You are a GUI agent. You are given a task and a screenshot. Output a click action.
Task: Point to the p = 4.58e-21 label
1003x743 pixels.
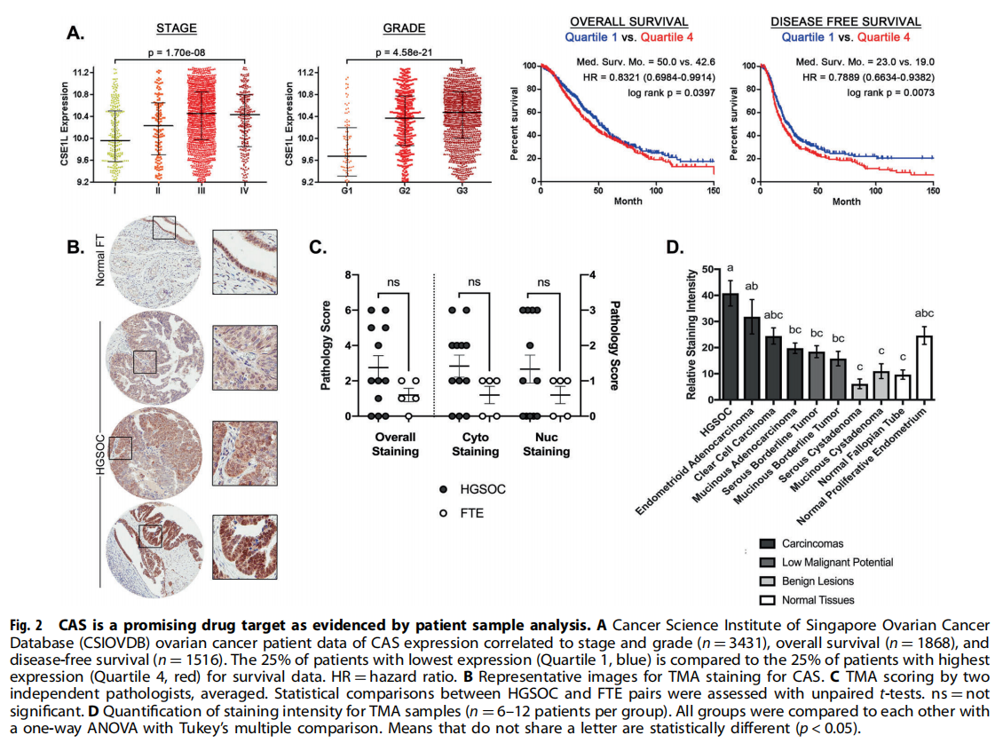405,52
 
